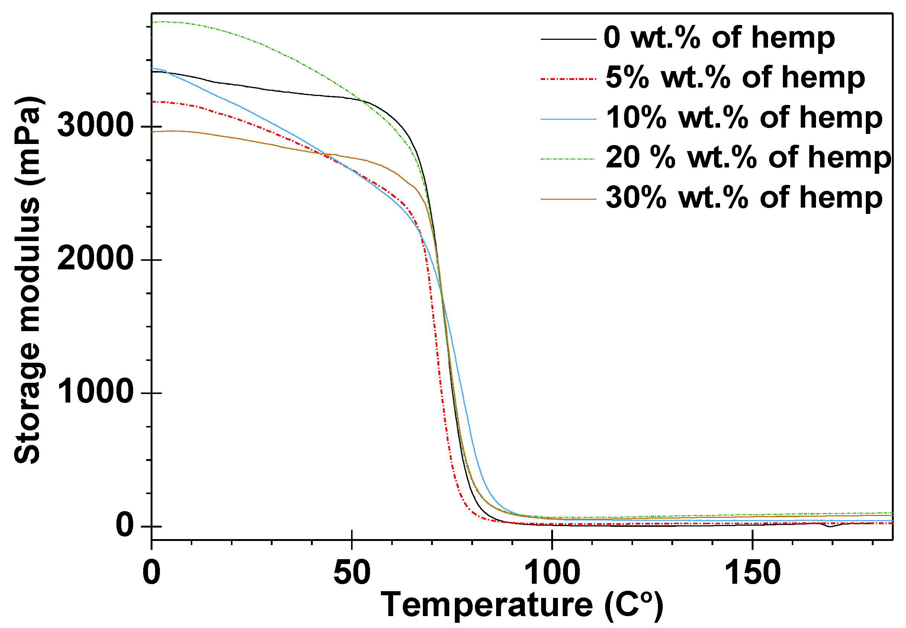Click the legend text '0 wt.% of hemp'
tap(719, 38)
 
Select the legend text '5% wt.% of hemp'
tap(735, 77)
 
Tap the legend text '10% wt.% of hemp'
tap(744, 118)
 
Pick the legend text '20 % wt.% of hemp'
tap(748, 158)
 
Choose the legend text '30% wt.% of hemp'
tap(744, 198)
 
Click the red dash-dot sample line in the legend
tap(568, 79)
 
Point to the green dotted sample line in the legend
tap(568, 159)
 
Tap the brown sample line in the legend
tap(568, 199)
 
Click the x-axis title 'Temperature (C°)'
tap(522, 606)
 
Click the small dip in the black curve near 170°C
tap(830, 526)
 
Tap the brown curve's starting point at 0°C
tap(152, 132)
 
